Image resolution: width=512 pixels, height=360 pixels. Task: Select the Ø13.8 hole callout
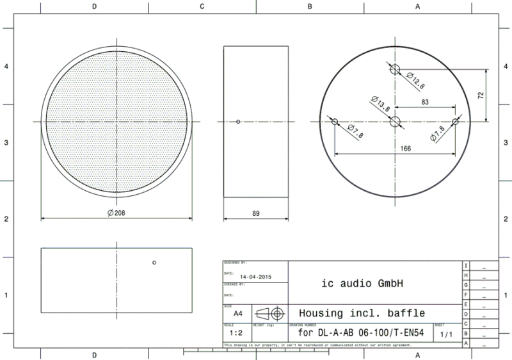click(x=380, y=104)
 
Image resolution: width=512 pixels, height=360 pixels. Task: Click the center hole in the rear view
click(x=395, y=121)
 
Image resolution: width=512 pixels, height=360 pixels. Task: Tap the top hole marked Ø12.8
click(x=395, y=69)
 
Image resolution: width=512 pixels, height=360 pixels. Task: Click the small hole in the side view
click(x=238, y=121)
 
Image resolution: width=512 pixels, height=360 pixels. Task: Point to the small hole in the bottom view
click(x=154, y=263)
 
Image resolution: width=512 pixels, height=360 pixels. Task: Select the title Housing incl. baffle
click(x=362, y=313)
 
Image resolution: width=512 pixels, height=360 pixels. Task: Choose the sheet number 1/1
click(x=446, y=334)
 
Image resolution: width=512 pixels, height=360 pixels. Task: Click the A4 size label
click(x=237, y=314)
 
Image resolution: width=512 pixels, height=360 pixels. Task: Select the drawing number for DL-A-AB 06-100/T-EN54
click(x=362, y=333)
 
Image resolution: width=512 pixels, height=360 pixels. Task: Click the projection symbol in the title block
click(x=269, y=313)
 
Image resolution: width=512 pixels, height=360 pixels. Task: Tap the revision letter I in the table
click(x=466, y=265)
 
